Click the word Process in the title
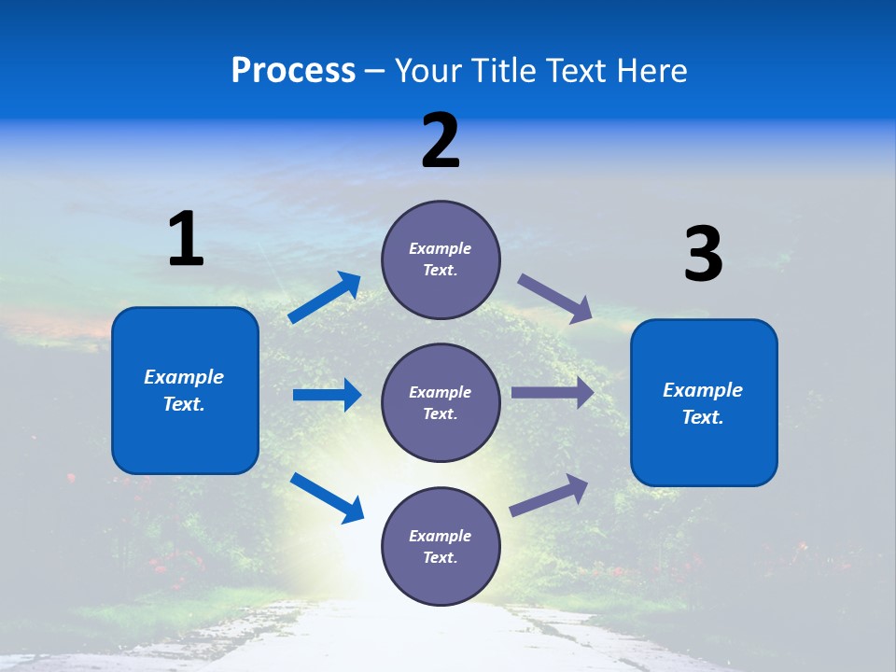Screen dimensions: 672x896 [x=293, y=71]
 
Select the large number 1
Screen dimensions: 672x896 [x=185, y=240]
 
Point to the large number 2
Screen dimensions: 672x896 [x=440, y=141]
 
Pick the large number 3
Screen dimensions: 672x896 [x=703, y=255]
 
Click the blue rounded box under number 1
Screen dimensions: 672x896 [x=185, y=390]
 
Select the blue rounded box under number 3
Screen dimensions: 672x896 [x=704, y=402]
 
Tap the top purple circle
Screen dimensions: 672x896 [x=441, y=259]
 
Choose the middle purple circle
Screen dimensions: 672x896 [x=441, y=402]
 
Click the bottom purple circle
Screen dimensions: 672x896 [x=441, y=546]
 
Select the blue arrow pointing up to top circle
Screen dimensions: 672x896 [x=325, y=298]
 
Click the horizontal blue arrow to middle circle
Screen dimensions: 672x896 [x=327, y=395]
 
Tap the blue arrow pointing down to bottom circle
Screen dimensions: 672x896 [x=327, y=497]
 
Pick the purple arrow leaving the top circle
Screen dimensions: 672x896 [x=555, y=299]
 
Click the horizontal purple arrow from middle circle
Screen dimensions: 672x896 [x=553, y=393]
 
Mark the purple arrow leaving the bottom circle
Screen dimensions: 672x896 [x=549, y=495]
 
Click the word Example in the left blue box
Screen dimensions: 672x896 [x=184, y=377]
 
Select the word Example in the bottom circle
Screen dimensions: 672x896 [x=441, y=536]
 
